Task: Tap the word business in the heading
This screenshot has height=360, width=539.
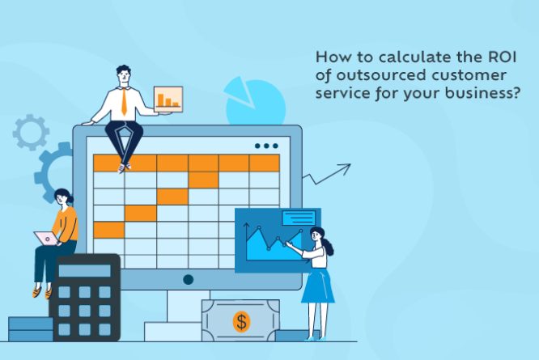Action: click(x=480, y=94)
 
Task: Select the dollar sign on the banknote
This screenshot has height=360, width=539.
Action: click(x=241, y=321)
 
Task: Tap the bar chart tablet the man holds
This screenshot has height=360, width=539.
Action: click(x=168, y=99)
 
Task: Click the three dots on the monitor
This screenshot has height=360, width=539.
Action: click(x=265, y=146)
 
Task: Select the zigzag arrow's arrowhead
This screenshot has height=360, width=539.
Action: click(x=346, y=167)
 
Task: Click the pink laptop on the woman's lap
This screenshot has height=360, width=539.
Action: click(x=45, y=239)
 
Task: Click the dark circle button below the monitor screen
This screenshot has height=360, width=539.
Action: click(x=188, y=279)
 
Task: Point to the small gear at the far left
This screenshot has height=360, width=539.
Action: click(x=30, y=133)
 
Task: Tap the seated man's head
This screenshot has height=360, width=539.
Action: click(x=124, y=74)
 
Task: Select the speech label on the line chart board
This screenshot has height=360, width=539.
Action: click(x=299, y=218)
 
